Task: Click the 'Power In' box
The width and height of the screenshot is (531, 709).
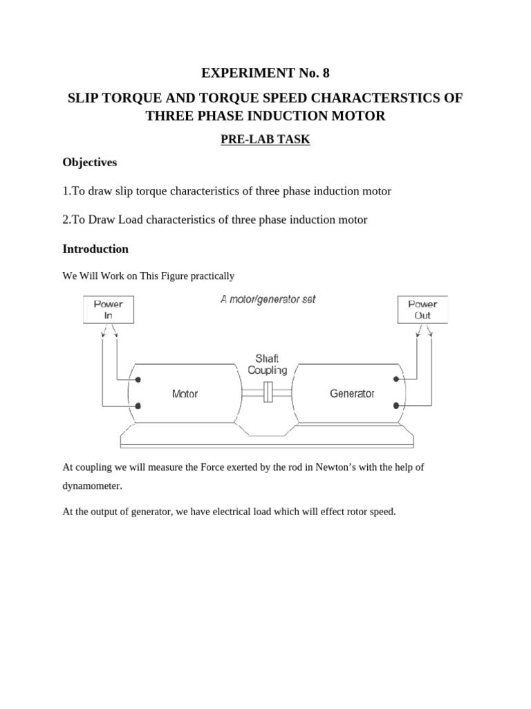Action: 108,309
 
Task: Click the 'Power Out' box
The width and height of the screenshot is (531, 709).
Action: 422,309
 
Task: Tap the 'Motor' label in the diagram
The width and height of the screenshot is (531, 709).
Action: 185,394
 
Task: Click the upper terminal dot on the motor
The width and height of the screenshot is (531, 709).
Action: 139,380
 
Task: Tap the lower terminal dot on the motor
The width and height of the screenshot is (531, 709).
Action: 139,406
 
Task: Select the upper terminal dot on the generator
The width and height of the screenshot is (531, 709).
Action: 396,379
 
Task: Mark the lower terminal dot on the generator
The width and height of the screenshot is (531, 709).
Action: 396,406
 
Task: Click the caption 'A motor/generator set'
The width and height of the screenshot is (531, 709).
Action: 268,300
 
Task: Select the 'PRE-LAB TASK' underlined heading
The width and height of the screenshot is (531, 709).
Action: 265,140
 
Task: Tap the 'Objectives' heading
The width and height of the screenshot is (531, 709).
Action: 90,162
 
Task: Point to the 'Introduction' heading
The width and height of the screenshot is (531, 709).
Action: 95,249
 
